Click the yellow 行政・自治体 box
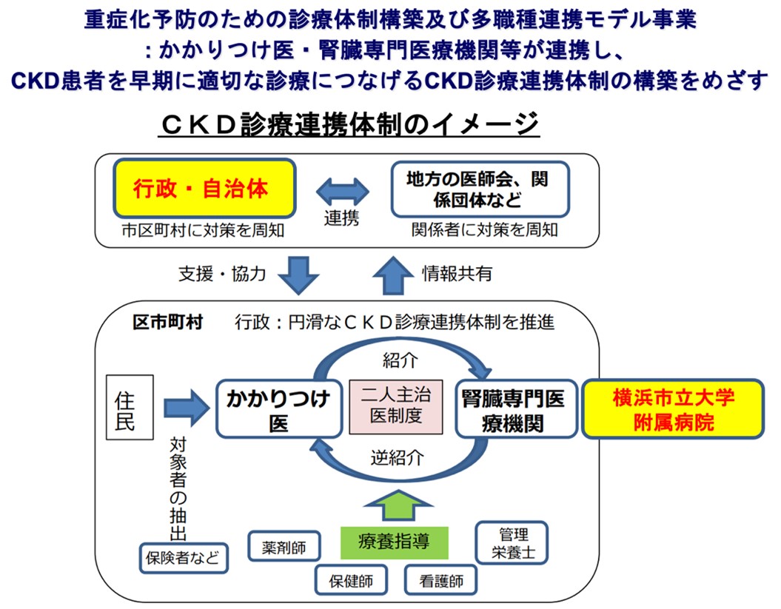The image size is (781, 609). pyautogui.click(x=204, y=189)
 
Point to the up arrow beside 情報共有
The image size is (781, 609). pyautogui.click(x=390, y=274)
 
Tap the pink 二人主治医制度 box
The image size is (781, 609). pyautogui.click(x=395, y=407)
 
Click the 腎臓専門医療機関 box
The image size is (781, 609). pyautogui.click(x=515, y=408)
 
